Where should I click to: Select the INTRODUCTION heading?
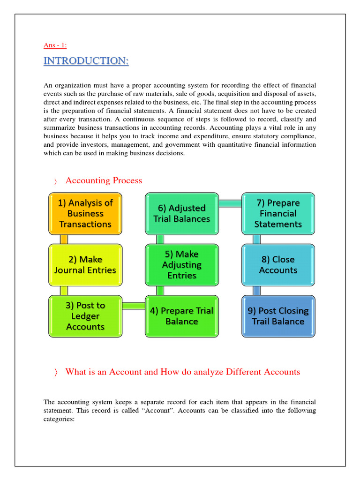tap(86, 61)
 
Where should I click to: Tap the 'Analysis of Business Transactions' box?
tap(85, 213)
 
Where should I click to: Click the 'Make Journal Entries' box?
tap(85, 264)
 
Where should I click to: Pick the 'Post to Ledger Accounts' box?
tap(85, 316)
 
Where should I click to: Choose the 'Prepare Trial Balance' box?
tap(181, 316)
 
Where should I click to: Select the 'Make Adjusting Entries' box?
tap(181, 264)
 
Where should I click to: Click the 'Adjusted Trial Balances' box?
tap(181, 213)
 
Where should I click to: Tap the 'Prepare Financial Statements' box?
tap(278, 213)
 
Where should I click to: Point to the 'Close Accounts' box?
tap(278, 264)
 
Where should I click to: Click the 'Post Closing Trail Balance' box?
tap(278, 316)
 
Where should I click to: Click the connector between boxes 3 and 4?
tap(133, 306)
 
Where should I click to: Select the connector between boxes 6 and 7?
tap(230, 203)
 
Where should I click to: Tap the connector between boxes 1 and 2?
tap(64, 239)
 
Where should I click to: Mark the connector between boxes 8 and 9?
tap(257, 290)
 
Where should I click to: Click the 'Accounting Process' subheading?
tap(104, 180)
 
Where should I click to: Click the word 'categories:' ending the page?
tap(59, 419)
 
